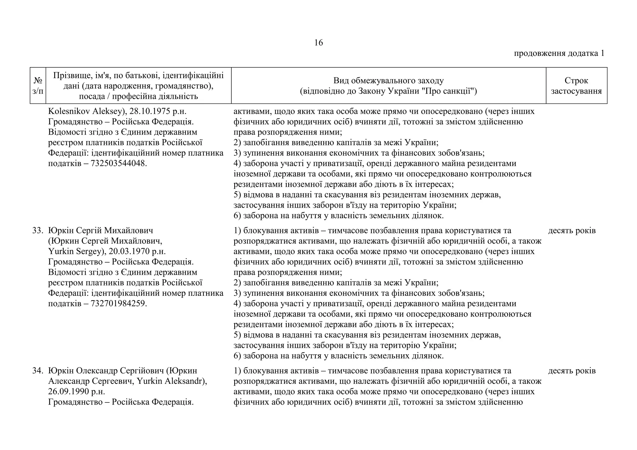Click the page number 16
318,43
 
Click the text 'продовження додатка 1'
559,53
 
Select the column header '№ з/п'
38,86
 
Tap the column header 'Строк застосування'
576,86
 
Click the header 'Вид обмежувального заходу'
388,81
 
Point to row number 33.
37,231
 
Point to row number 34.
37,371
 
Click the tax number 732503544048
118,163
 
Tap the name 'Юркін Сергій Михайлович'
101,231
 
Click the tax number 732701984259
118,304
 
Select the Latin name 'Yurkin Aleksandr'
170,381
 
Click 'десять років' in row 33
572,231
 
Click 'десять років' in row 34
572,371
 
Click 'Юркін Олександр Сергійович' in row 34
105,371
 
